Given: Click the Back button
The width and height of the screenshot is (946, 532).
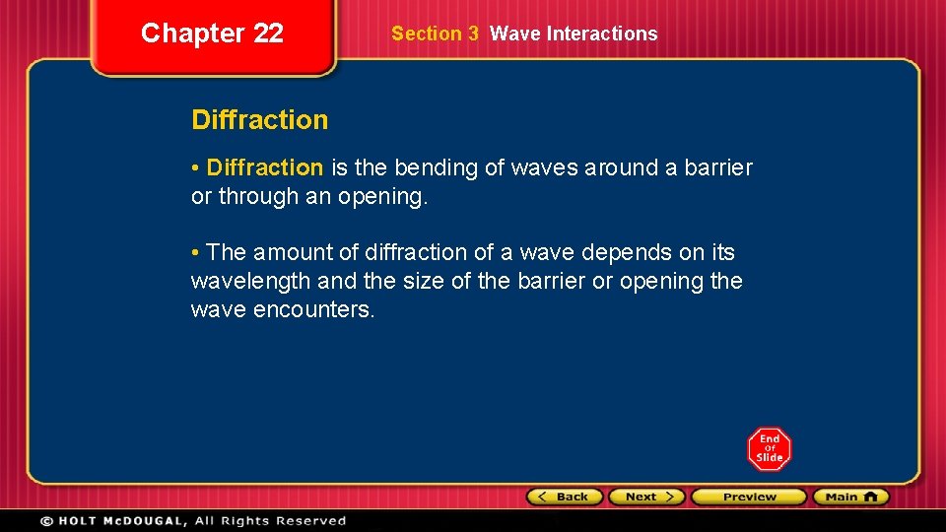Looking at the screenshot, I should [566, 497].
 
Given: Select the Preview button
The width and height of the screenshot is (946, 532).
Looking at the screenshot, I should [748, 497].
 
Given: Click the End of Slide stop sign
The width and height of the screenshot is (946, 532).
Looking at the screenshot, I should [769, 449].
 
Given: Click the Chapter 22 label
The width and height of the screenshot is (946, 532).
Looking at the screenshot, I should [212, 33].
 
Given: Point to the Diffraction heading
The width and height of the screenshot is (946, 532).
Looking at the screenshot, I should [259, 120].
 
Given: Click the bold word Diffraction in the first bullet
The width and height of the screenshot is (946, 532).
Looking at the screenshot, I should [265, 168].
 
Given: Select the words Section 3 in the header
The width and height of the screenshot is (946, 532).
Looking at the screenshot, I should [435, 33].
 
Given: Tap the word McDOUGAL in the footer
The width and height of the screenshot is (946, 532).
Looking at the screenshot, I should [144, 520].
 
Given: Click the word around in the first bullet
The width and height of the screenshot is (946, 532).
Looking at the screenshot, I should [621, 168].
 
